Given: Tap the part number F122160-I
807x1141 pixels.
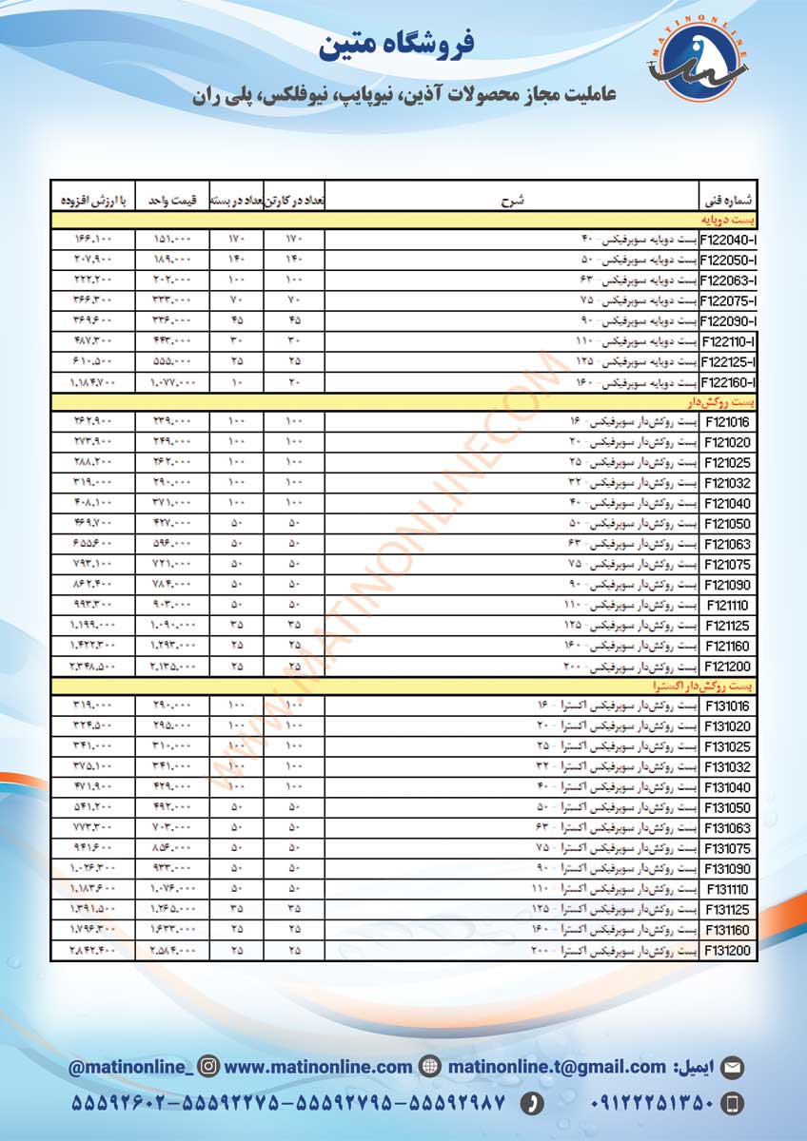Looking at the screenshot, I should [x=728, y=382].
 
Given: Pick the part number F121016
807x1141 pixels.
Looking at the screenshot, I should [x=728, y=421].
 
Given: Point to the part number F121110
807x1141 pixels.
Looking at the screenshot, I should [x=728, y=605].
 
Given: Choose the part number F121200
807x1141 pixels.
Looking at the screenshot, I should [x=728, y=667].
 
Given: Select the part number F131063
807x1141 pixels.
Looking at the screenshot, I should [x=728, y=828].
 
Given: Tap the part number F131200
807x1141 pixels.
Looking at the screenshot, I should [x=728, y=951].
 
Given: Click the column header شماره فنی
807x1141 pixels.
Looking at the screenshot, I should [x=728, y=201].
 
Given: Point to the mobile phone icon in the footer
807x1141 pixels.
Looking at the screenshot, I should [x=732, y=1103].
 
